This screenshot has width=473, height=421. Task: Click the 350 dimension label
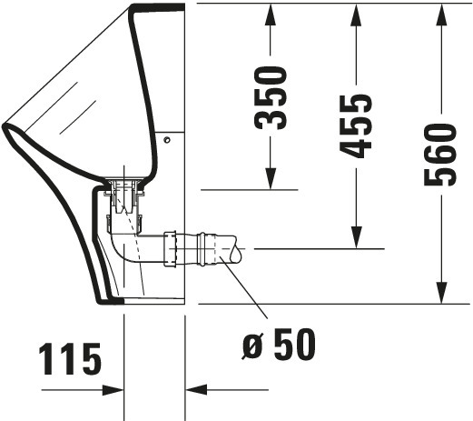pos(271,98)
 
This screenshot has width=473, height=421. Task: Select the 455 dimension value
pos(356,126)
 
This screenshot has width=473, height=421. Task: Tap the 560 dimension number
pos(440,155)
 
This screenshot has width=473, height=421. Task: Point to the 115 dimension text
pos(70,359)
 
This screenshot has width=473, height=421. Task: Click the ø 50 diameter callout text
pos(279,345)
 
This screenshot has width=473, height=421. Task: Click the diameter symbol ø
pos(252,347)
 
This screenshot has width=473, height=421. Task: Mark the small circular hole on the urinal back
pos(167,140)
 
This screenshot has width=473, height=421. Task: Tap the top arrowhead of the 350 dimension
pos(271,15)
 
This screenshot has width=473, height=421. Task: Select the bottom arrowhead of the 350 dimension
pos(271,179)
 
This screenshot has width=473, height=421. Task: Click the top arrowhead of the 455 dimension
pos(357,15)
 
